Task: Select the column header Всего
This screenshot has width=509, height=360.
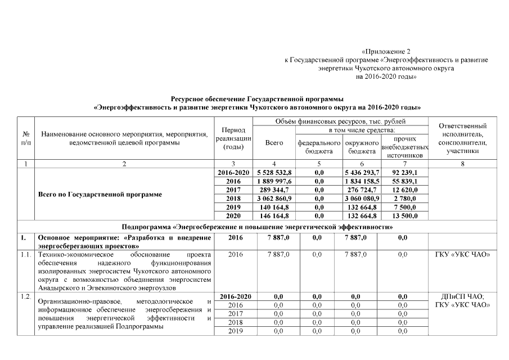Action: pyautogui.click(x=274, y=143)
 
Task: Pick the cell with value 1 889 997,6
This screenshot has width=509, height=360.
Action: pyautogui.click(x=274, y=182)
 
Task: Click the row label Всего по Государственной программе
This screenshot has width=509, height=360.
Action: pyautogui.click(x=100, y=195)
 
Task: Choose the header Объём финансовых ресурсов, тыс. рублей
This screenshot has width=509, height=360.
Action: pyautogui.click(x=341, y=121)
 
